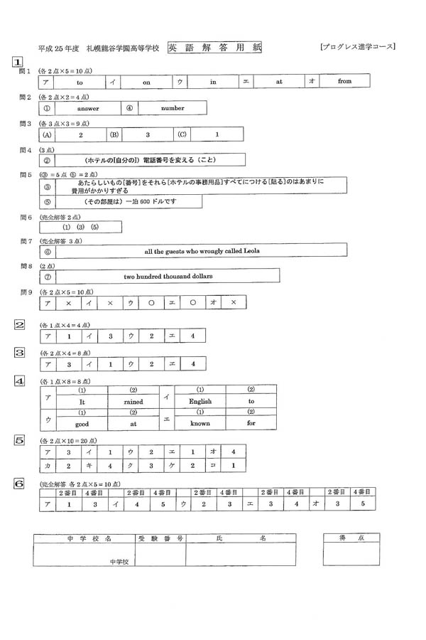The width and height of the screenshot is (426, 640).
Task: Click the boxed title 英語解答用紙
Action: [x=214, y=48]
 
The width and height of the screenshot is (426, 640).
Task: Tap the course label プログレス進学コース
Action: [x=358, y=48]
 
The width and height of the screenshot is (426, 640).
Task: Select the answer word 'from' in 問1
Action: [x=344, y=82]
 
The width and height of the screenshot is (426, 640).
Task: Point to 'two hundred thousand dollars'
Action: [x=168, y=276]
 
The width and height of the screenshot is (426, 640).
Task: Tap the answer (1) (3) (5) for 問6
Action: [x=81, y=227]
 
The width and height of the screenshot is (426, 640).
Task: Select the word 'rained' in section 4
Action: [x=133, y=402]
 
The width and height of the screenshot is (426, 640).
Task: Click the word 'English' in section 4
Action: [x=200, y=402]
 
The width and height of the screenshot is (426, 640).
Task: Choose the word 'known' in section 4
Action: [x=200, y=423]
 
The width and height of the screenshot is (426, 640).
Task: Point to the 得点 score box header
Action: [x=353, y=539]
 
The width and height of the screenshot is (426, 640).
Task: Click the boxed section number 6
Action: [x=20, y=484]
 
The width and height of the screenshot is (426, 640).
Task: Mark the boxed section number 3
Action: [x=20, y=352]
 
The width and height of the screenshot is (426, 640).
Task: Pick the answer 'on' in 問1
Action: [x=147, y=82]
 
